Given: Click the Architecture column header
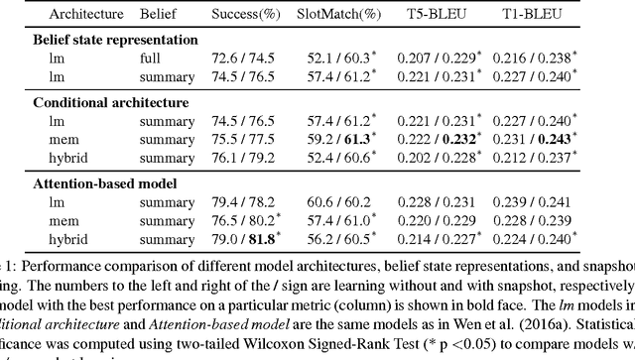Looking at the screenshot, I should [59, 16].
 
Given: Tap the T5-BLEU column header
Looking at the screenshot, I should [444, 16].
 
